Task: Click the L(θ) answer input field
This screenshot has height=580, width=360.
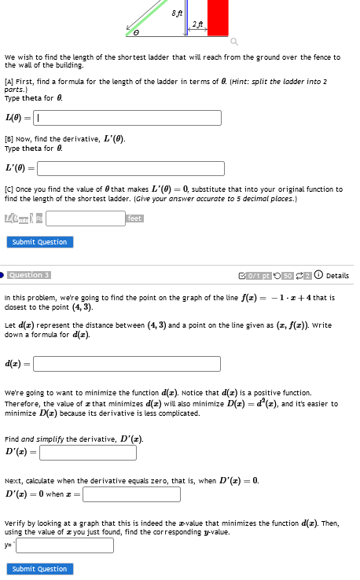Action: point(129,118)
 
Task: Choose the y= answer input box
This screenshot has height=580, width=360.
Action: point(64,545)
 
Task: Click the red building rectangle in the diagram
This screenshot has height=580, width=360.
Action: point(218,17)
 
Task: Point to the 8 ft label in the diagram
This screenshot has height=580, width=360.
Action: point(178,11)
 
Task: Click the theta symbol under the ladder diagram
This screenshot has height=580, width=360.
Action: point(135,33)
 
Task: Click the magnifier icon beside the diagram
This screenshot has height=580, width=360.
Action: point(233,42)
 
